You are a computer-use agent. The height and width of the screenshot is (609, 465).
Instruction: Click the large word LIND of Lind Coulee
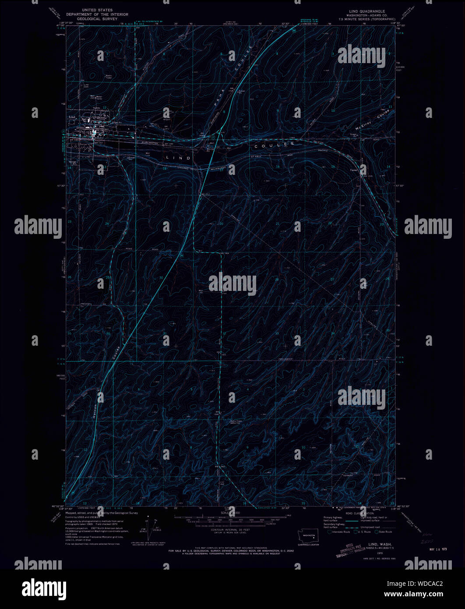(178, 157)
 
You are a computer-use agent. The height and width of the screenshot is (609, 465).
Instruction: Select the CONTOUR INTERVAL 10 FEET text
(227, 530)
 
